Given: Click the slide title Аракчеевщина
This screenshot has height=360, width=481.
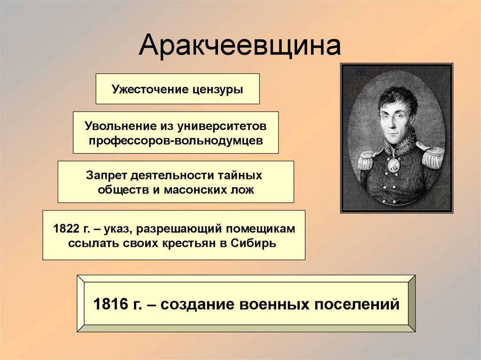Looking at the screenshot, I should click(x=240, y=46).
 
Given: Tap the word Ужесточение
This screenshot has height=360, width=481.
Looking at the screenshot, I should click(x=149, y=89).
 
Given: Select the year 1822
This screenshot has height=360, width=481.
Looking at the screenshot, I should click(x=65, y=229).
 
